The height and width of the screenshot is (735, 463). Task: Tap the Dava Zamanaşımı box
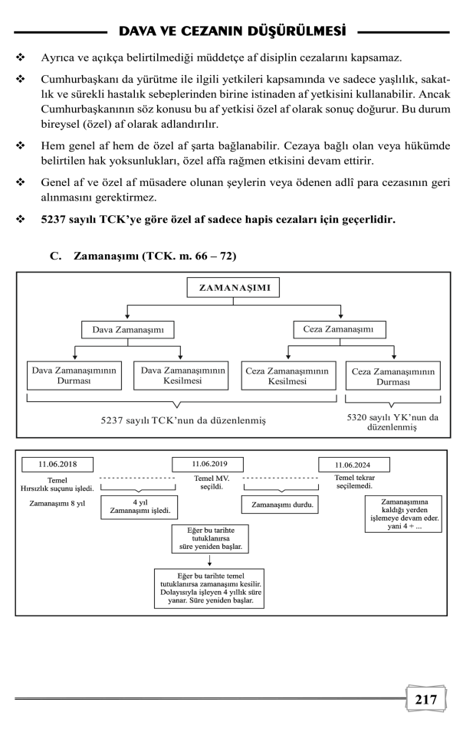pyautogui.click(x=127, y=330)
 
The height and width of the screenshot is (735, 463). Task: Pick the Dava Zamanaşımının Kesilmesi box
pyautogui.click(x=182, y=375)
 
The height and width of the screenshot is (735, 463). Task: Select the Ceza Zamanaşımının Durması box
pyautogui.click(x=392, y=375)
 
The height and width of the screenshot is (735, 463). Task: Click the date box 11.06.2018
pyautogui.click(x=57, y=464)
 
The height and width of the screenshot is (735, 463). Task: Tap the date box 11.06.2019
pyautogui.click(x=218, y=464)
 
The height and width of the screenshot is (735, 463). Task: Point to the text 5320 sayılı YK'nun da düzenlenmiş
pyautogui.click(x=392, y=423)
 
